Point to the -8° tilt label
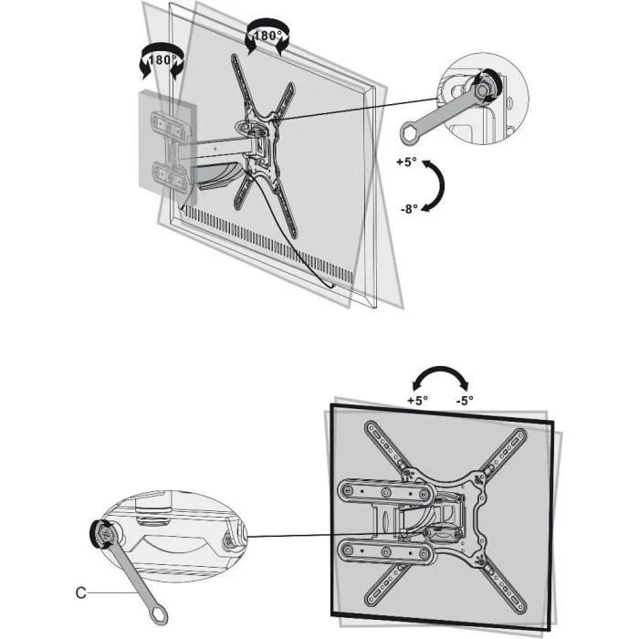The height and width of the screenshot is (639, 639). click(x=407, y=208)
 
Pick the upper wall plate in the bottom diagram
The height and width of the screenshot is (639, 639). click(x=383, y=494)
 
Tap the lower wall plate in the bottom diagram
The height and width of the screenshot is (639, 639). click(x=383, y=550)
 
